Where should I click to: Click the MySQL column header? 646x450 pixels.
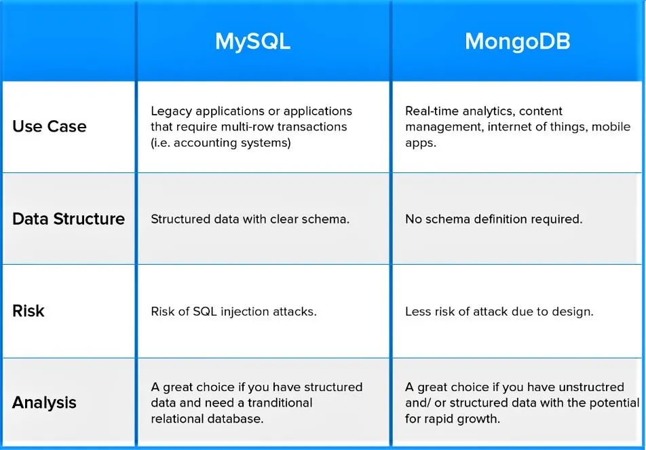(252, 42)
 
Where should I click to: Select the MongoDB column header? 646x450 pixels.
(518, 41)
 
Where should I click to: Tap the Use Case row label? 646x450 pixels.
(50, 126)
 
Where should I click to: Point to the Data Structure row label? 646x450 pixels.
(69, 219)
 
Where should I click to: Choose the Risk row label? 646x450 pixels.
(28, 311)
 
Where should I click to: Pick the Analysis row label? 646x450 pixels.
(44, 402)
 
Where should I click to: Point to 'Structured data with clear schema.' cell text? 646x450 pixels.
(250, 219)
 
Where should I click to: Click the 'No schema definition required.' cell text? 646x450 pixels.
(494, 219)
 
